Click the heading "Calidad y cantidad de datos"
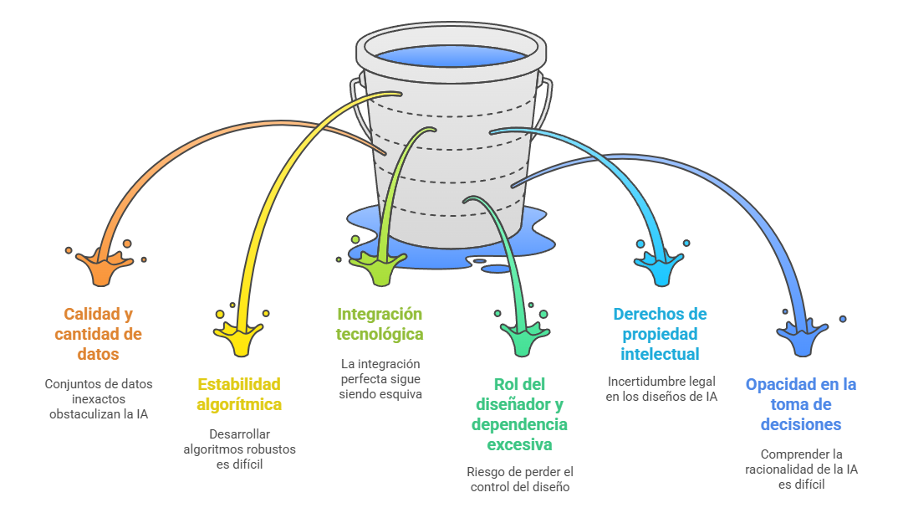pyautogui.click(x=98, y=334)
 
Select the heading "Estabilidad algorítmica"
pyautogui.click(x=239, y=394)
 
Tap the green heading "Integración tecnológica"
pyautogui.click(x=380, y=324)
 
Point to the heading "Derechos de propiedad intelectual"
pyautogui.click(x=660, y=334)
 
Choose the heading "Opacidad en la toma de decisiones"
pyautogui.click(x=801, y=404)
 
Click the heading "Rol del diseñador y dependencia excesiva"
pyautogui.click(x=519, y=414)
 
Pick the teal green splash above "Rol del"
pyautogui.click(x=521, y=339)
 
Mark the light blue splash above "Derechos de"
pyautogui.click(x=661, y=269)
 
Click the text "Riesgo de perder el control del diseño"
pyautogui.click(x=519, y=480)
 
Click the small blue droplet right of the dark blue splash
pyautogui.click(x=843, y=319)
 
